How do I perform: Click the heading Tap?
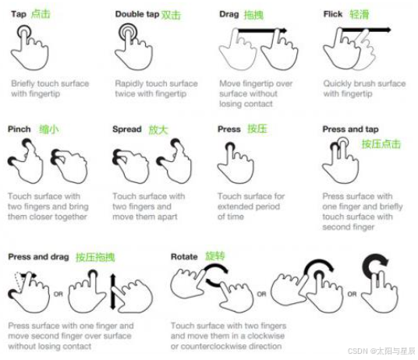click(x=19, y=14)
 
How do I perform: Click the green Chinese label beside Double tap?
click(x=171, y=15)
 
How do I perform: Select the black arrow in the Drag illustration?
click(x=262, y=30)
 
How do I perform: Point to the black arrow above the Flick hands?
click(x=367, y=30)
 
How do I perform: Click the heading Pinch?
click(x=19, y=129)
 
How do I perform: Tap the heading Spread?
click(x=127, y=129)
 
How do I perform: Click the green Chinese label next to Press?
click(x=257, y=129)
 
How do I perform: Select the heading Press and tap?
click(x=351, y=129)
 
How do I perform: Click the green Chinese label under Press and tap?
click(x=381, y=144)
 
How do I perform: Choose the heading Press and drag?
click(x=39, y=256)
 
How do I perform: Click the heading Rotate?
click(x=184, y=256)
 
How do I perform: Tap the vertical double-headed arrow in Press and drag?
click(x=113, y=291)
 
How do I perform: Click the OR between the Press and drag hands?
click(x=58, y=294)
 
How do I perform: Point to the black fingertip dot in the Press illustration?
click(x=230, y=146)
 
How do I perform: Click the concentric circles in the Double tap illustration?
click(x=128, y=33)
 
